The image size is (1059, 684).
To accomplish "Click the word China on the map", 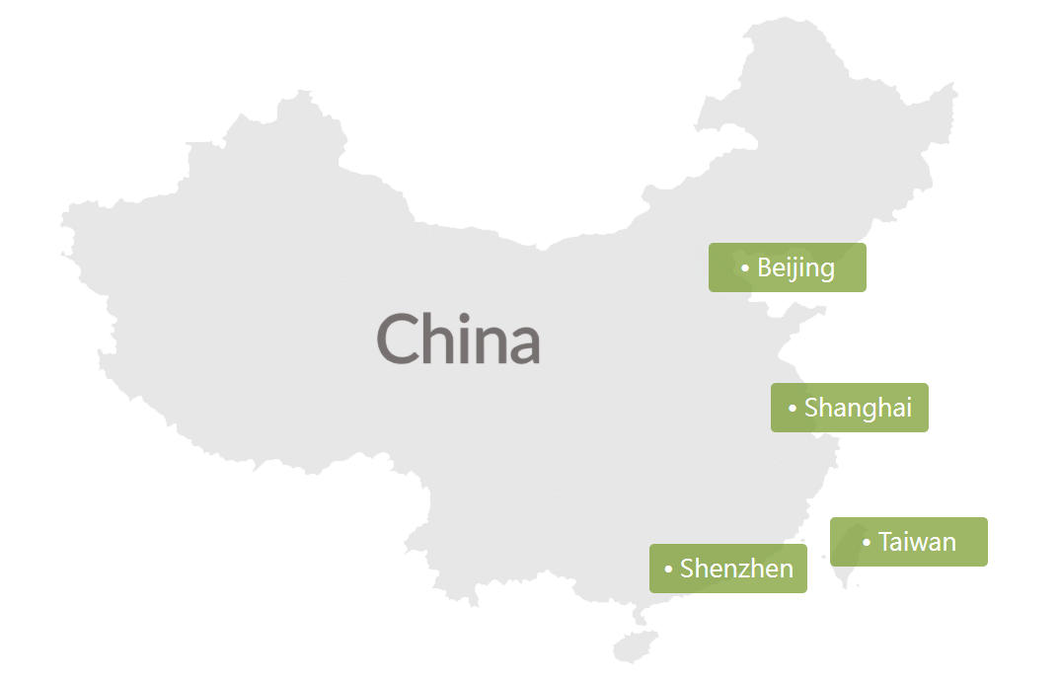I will coord(458,339).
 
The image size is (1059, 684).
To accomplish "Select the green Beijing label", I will coord(787,267).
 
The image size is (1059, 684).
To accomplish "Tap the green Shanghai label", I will coord(849,408).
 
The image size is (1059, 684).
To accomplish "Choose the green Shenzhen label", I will coord(727,569).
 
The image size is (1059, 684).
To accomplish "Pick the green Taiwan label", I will coord(908,542).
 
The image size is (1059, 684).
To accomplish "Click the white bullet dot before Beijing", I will coord(745,268).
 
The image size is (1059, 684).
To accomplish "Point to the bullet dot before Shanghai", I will coord(793,409).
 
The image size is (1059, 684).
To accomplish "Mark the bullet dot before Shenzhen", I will coord(668,570).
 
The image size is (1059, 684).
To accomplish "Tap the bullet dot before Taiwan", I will coord(867,543).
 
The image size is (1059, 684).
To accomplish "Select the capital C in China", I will coord(399,339).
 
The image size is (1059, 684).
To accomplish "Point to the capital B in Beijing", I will coord(765,267).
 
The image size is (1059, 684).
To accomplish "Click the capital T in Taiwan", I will coord(885,542).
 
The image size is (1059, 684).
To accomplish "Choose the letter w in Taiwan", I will coord(919,544).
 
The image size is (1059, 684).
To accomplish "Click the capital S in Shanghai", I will coord(811,408).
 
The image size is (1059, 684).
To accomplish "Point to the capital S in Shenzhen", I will coord(687,569).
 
